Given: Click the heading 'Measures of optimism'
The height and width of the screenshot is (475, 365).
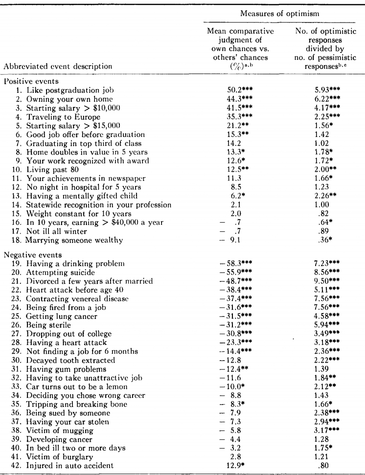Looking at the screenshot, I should pos(280,14).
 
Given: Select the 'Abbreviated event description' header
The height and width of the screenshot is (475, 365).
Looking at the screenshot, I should pos(58,66).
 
